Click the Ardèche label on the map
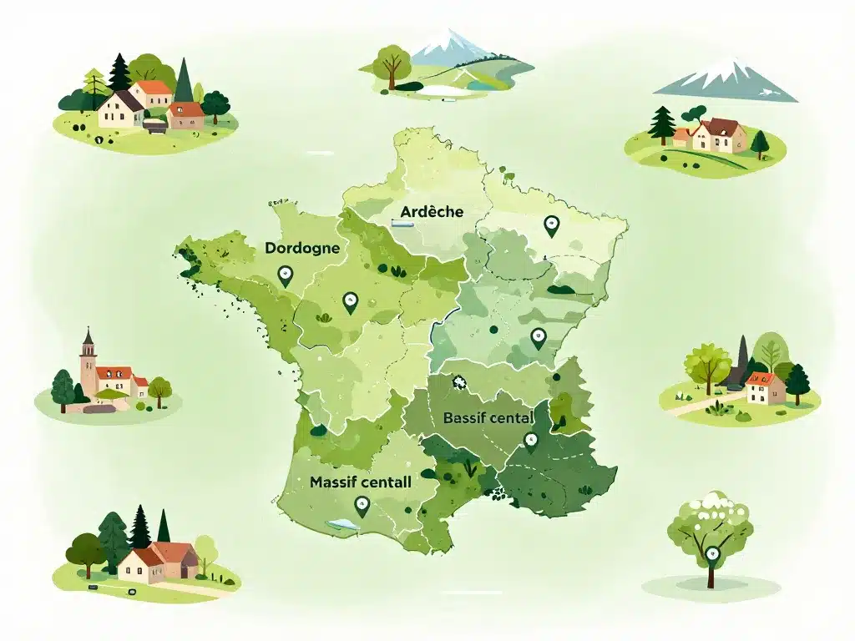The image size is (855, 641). pyautogui.click(x=431, y=211)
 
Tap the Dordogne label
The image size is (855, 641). pyautogui.click(x=301, y=248)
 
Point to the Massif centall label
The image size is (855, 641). pyautogui.click(x=360, y=482)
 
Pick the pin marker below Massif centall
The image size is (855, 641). pyautogui.click(x=362, y=505)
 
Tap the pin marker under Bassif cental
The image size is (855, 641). pyautogui.click(x=529, y=442)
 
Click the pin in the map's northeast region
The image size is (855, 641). pyautogui.click(x=550, y=225)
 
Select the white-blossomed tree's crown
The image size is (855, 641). pyautogui.click(x=711, y=517)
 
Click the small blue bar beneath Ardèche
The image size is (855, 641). pyautogui.click(x=402, y=224)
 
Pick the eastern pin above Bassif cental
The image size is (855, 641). pyautogui.click(x=538, y=338)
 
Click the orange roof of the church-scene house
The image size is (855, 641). pyautogui.click(x=114, y=373)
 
